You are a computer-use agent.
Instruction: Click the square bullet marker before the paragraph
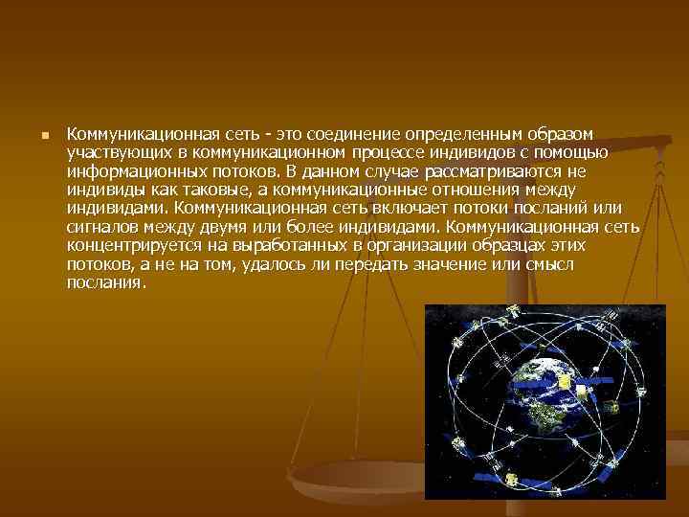coord(43,136)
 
